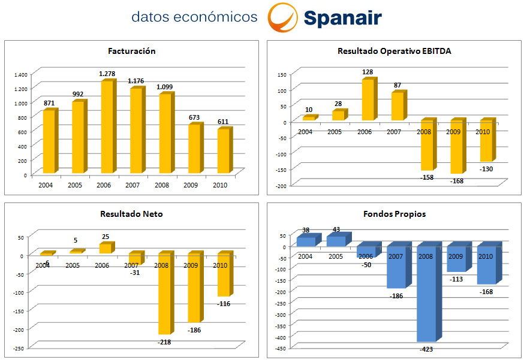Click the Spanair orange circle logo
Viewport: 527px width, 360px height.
pos(282,17)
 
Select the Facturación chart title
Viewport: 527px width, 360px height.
pos(132,51)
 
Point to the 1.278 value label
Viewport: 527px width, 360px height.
pos(107,74)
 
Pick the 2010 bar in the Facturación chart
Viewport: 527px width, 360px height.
pos(223,151)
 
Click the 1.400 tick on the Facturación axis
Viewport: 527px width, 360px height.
pos(20,74)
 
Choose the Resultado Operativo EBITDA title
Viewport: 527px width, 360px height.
pos(394,51)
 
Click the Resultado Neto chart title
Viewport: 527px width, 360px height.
pos(132,214)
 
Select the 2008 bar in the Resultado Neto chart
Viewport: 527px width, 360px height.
pos(164,294)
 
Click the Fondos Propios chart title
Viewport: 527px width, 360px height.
pos(394,214)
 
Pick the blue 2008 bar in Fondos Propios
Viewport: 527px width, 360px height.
pos(427,294)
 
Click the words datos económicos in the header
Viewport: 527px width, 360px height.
pos(194,17)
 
